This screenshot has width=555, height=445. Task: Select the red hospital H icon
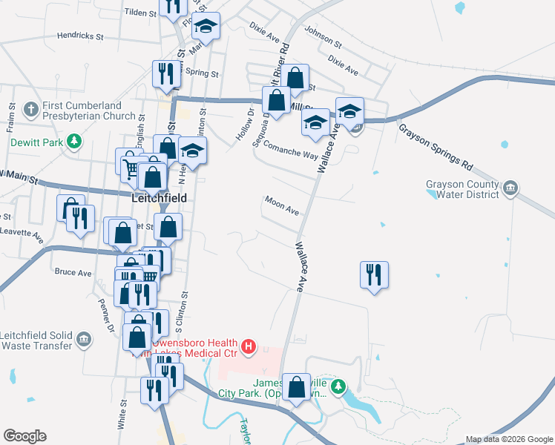(x=249, y=346)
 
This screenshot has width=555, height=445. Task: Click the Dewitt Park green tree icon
(x=73, y=141)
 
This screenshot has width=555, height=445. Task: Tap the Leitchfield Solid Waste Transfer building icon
(x=84, y=340)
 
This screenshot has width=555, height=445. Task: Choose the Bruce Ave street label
(x=73, y=272)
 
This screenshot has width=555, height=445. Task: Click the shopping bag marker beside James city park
(x=296, y=386)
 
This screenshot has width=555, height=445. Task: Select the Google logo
(x=24, y=436)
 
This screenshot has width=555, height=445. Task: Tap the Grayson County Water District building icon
(x=510, y=188)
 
